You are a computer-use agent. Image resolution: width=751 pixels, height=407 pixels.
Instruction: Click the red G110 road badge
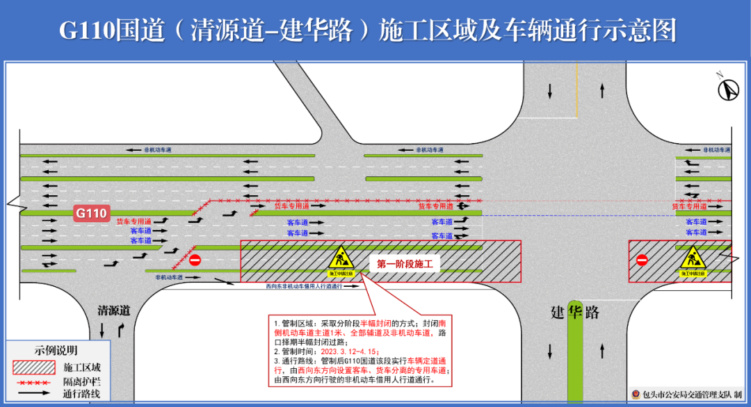point(92,213)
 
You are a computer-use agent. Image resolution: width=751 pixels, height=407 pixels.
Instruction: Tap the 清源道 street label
point(113,310)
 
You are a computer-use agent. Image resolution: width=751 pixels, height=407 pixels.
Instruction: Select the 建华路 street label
point(574,312)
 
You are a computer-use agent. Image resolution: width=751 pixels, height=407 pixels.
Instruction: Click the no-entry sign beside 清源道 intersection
point(195,260)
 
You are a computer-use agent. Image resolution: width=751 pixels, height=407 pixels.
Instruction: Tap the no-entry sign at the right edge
point(641,260)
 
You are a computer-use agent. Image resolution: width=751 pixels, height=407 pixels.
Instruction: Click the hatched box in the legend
point(33,367)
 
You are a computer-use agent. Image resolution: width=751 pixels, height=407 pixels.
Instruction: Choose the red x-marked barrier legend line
point(33,383)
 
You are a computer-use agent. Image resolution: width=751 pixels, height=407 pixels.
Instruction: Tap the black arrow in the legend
point(33,394)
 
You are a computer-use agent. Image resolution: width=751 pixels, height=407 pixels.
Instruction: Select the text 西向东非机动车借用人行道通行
point(304,286)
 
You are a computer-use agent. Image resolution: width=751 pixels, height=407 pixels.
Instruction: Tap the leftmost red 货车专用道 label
point(134,221)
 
